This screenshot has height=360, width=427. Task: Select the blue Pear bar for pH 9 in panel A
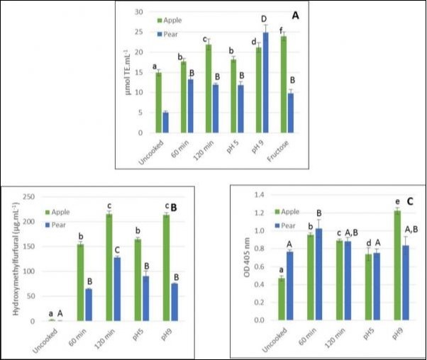[266, 82]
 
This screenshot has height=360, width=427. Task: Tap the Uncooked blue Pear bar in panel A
[165, 122]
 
